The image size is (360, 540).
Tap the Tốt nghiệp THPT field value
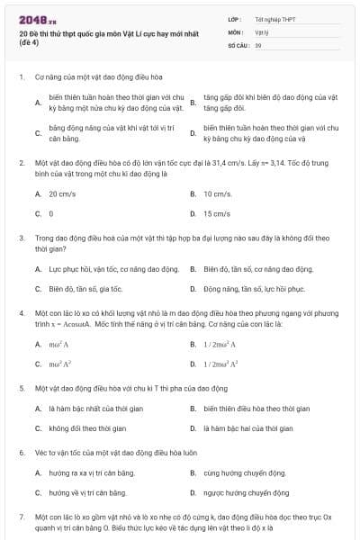click(274, 18)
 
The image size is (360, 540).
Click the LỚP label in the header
click(236, 18)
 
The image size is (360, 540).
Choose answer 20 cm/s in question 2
click(63, 193)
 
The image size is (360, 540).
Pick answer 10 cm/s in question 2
click(218, 193)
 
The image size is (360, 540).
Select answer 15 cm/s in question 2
click(218, 214)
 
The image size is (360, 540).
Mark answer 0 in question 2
click(51, 214)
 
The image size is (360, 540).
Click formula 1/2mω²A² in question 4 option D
click(221, 364)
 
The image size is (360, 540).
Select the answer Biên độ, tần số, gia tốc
click(85, 289)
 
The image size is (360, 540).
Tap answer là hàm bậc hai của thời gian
click(248, 428)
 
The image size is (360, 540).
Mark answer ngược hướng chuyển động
click(246, 492)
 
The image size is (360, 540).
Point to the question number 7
click(21, 517)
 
